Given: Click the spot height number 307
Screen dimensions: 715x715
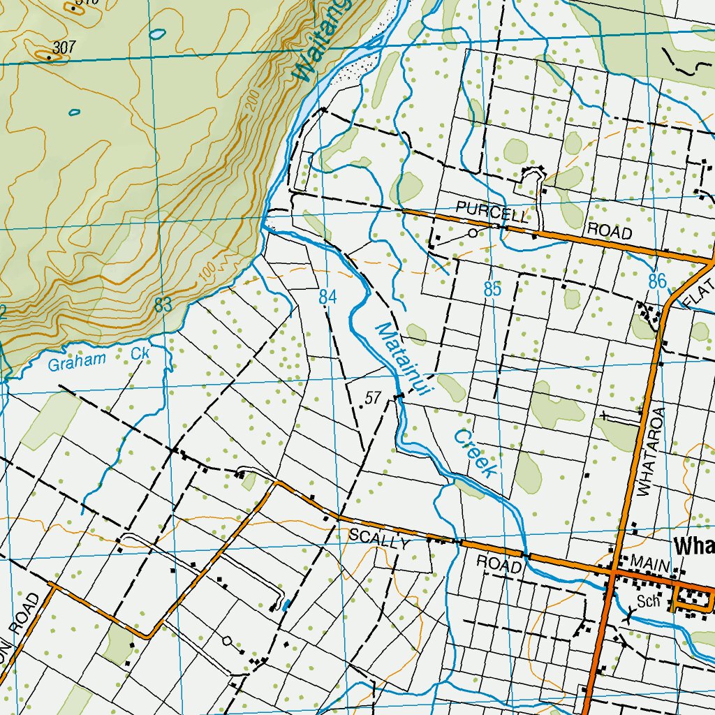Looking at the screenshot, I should (x=64, y=47).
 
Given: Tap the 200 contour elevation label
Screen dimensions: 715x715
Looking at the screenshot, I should (x=252, y=100).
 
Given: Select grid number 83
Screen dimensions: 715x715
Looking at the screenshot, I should (x=163, y=304).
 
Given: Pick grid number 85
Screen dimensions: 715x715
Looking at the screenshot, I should (x=493, y=289).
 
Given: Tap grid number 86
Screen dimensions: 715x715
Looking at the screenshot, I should (x=657, y=281).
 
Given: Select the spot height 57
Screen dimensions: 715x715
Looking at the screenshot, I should (x=373, y=399).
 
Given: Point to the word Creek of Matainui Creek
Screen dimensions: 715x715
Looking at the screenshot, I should (x=475, y=453).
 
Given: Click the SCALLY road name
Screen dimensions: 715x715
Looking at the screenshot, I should (x=378, y=538).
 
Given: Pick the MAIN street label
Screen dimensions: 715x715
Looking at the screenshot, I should (x=650, y=562).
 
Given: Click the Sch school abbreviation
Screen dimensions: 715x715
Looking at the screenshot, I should (x=649, y=602).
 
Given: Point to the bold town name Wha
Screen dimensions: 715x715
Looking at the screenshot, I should (x=694, y=545).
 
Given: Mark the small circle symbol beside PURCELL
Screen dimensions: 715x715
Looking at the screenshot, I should (x=473, y=233).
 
